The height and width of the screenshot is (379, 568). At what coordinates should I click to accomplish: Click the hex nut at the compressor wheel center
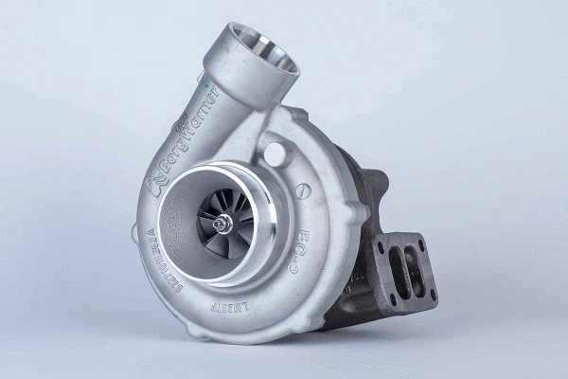[x=222, y=224]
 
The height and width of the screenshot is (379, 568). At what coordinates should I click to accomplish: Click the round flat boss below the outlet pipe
[x=274, y=152]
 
